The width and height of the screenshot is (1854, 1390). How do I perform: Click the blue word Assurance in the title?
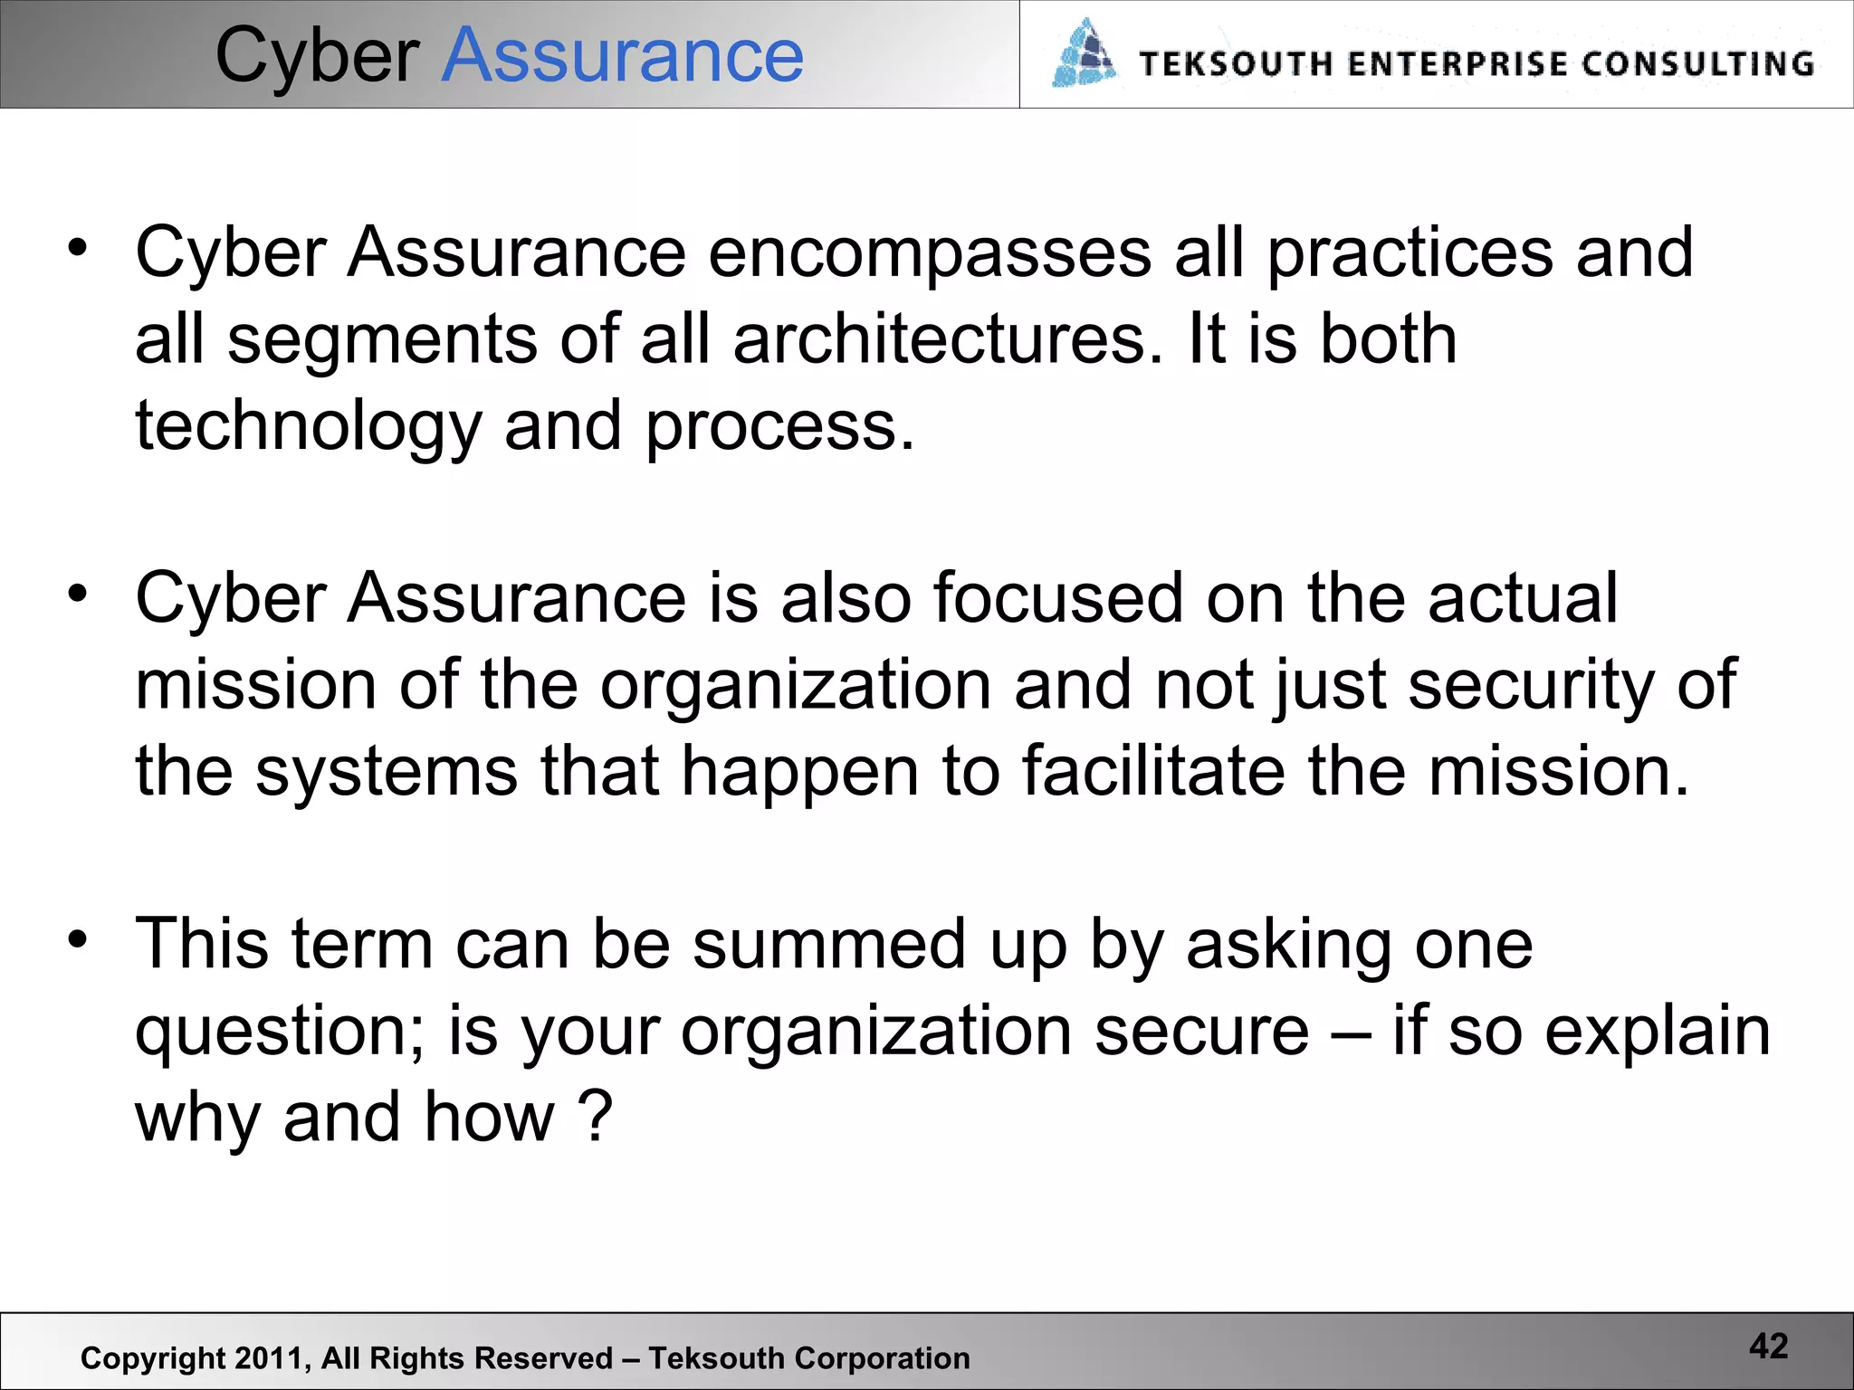coord(622,56)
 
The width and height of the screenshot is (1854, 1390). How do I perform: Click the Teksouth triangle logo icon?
coord(1084,54)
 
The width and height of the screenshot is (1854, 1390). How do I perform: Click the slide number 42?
coord(1768,1347)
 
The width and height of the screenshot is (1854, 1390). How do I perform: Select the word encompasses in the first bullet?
coord(930,252)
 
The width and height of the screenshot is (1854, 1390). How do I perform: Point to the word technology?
coord(309,426)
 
